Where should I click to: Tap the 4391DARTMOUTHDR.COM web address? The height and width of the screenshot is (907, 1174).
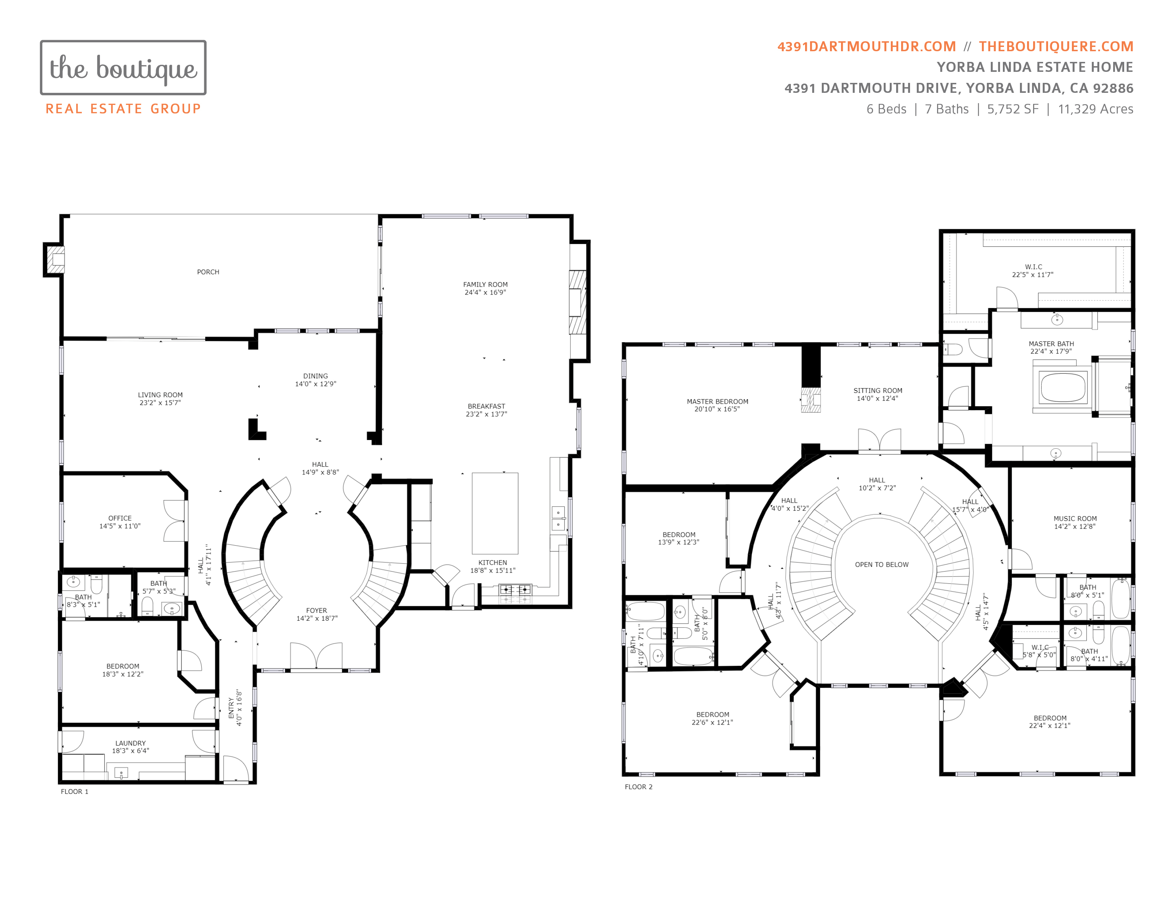click(x=867, y=47)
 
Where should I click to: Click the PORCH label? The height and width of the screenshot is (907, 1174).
click(x=208, y=272)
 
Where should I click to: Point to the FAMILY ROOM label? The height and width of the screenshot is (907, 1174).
click(x=485, y=285)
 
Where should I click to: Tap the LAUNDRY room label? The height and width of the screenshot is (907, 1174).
click(x=131, y=743)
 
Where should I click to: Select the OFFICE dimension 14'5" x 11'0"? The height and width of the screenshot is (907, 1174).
click(x=120, y=526)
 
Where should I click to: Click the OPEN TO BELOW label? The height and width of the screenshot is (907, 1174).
click(x=882, y=565)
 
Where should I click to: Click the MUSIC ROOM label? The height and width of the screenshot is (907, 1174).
click(x=1075, y=519)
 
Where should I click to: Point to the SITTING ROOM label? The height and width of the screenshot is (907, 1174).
click(x=878, y=391)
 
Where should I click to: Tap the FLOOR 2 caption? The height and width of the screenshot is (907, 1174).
click(x=639, y=787)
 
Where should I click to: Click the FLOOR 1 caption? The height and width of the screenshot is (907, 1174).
click(x=75, y=791)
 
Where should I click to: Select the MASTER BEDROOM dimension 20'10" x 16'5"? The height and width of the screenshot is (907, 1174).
click(x=717, y=409)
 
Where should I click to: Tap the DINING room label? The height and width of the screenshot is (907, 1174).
click(x=316, y=376)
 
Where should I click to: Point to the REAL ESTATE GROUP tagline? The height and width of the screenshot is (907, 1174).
click(x=123, y=109)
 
